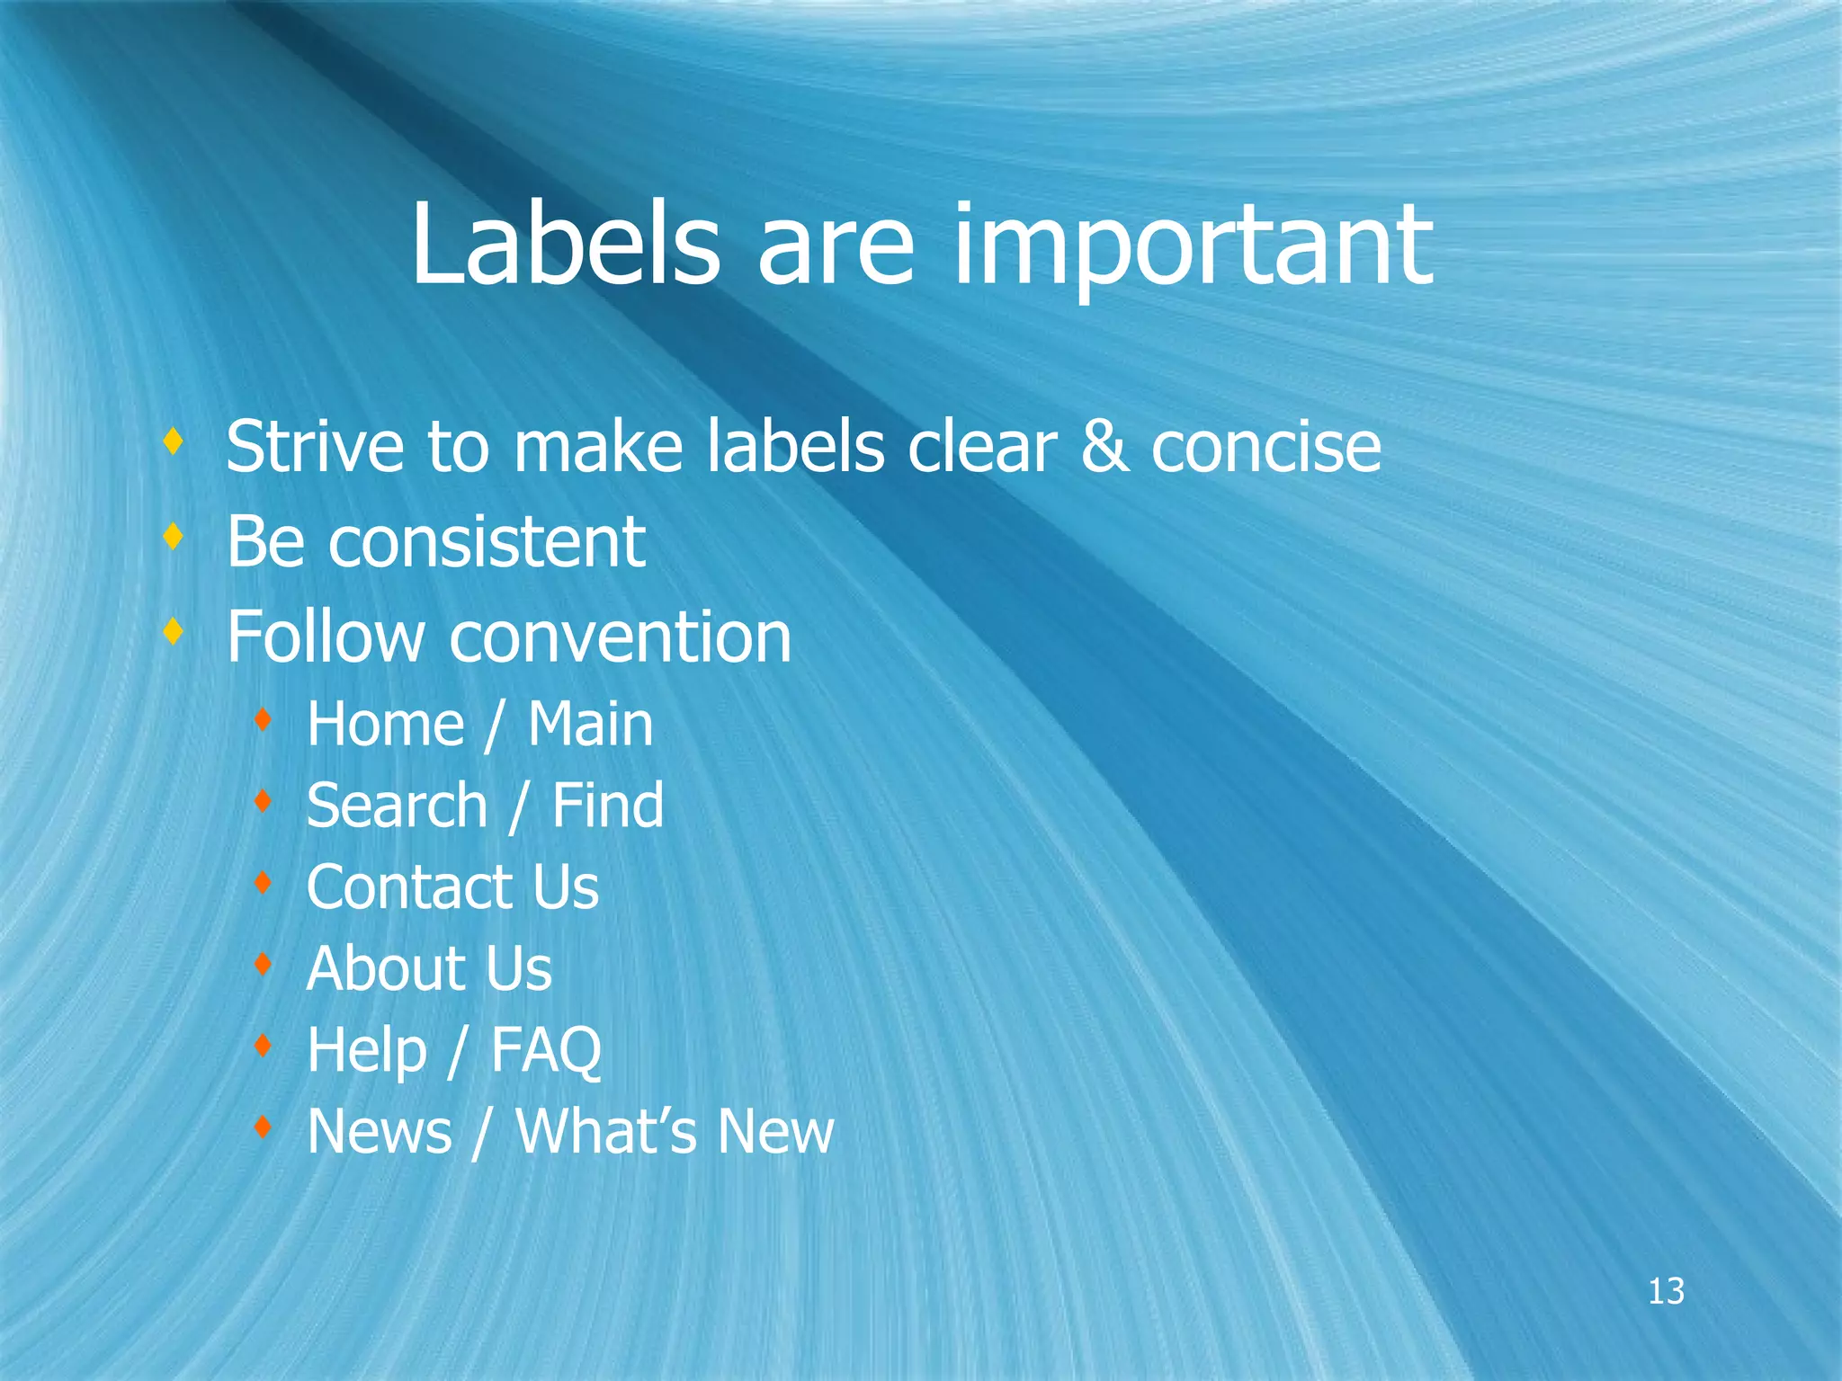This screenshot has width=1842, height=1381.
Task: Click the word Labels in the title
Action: [x=565, y=245]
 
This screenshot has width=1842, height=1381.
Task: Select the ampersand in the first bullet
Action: [x=1104, y=447]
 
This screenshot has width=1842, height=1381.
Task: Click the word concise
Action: [x=1265, y=449]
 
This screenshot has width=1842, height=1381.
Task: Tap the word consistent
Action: [x=487, y=542]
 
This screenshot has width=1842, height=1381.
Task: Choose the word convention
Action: [x=620, y=637]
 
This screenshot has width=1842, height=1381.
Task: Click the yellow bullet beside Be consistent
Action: [x=174, y=537]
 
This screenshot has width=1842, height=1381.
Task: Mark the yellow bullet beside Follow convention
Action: [x=174, y=632]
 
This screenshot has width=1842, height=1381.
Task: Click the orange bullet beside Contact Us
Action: [x=263, y=882]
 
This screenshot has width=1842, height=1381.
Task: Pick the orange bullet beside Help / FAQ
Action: [x=263, y=1045]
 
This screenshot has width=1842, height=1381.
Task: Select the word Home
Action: [x=385, y=724]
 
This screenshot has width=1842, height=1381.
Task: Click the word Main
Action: [x=590, y=724]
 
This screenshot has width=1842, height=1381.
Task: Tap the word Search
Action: [x=397, y=806]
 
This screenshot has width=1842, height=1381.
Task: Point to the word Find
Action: [x=607, y=806]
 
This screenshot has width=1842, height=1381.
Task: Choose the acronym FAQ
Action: [x=545, y=1051]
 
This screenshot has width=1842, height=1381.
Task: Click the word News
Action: [x=379, y=1132]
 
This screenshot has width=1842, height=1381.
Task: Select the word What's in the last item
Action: [x=605, y=1132]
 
